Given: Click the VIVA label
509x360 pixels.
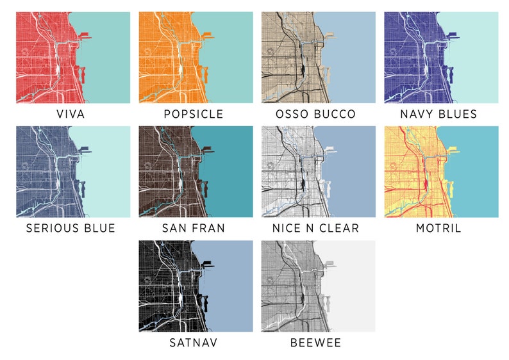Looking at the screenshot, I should tap(71, 115).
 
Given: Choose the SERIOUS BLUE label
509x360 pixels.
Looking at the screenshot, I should tap(71, 229).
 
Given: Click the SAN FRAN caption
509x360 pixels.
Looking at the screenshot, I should tap(194, 229).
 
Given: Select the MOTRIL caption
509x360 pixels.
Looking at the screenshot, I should tap(438, 229).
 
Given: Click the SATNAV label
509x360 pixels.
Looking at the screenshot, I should tap(194, 343).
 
